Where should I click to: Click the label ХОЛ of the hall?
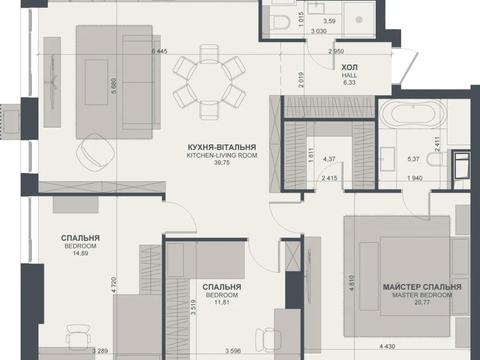[349, 67]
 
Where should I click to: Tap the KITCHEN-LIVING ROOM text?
[222, 155]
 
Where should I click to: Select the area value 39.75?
[222, 163]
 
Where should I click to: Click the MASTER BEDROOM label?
[422, 295]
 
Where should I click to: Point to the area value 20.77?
[422, 302]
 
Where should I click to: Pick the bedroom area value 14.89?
[80, 253]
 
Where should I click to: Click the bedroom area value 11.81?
[222, 302]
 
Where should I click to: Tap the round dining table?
[209, 83]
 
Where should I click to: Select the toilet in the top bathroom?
[280, 23]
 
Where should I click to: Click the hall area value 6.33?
[349, 82]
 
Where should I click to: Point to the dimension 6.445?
[159, 51]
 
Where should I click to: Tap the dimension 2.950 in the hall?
[336, 51]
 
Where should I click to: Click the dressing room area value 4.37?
[329, 159]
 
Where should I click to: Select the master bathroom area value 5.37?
[413, 159]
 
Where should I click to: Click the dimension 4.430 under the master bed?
[387, 347]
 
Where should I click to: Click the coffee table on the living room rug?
[96, 82]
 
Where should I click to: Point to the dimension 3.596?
[233, 351]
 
